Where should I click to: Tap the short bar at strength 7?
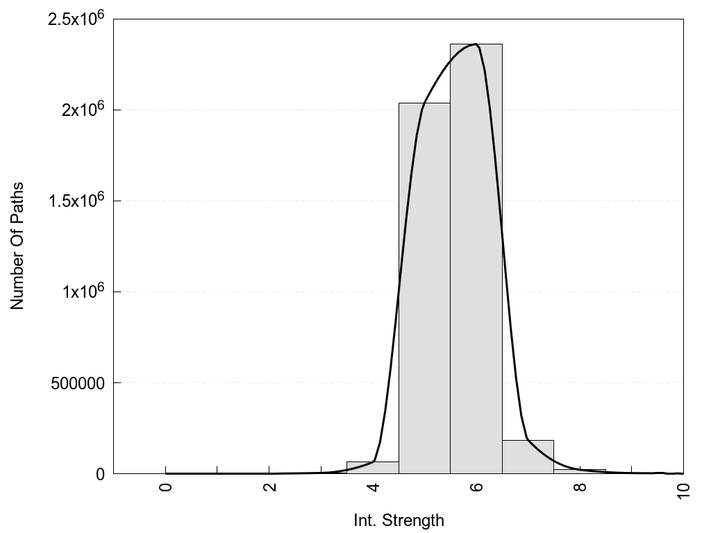(528, 457)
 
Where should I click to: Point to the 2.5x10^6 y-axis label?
(76, 19)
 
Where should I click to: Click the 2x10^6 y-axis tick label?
(82, 110)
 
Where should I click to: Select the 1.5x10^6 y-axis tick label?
(76, 201)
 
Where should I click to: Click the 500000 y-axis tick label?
(78, 383)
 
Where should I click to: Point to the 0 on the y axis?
(99, 474)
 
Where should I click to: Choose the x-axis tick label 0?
(165, 487)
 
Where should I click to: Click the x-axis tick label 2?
(269, 487)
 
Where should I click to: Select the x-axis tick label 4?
(373, 487)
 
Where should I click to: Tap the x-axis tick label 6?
(476, 487)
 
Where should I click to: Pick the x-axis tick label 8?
(580, 487)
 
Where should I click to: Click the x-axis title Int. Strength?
(399, 520)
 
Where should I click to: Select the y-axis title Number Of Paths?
(17, 246)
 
